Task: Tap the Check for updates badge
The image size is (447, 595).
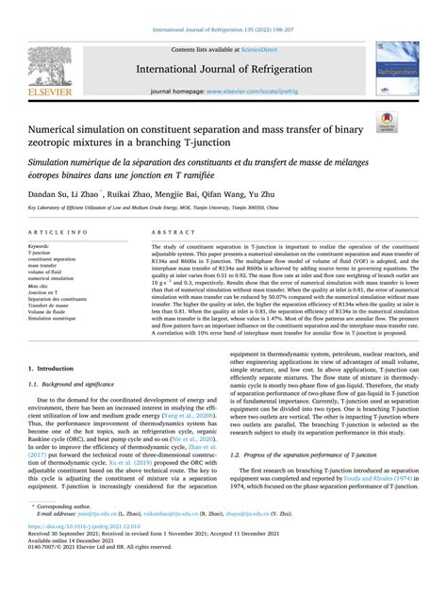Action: [388, 122]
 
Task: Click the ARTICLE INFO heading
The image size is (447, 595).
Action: [59, 231]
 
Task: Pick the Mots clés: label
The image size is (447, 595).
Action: [40, 284]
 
